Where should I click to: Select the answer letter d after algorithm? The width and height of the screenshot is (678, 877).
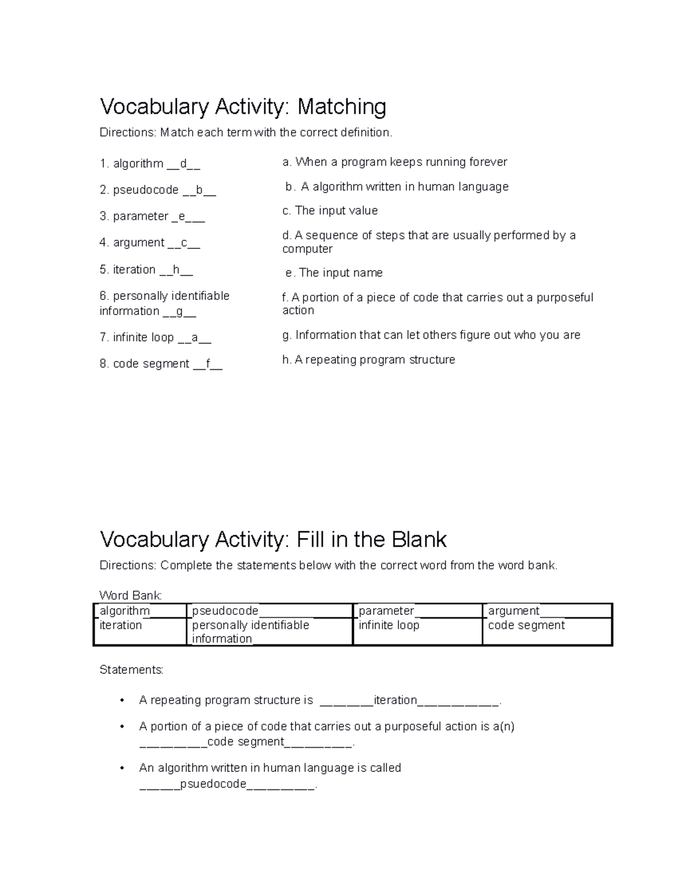(183, 164)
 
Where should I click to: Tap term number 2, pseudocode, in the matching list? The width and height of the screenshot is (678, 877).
(146, 190)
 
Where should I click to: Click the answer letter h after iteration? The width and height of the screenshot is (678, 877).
(176, 270)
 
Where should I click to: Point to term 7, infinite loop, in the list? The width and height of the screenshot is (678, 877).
(144, 338)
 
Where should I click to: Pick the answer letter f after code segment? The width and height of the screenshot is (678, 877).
(208, 364)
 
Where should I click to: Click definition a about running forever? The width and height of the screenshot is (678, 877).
(394, 162)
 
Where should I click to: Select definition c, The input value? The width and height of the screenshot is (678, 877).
(330, 211)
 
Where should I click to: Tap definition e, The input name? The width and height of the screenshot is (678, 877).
(334, 273)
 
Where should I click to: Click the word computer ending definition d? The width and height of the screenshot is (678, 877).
(307, 249)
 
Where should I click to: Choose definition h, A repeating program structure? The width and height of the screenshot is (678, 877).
(368, 360)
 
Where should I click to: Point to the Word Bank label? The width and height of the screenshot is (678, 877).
(131, 595)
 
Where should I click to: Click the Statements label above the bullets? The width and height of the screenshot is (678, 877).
(131, 670)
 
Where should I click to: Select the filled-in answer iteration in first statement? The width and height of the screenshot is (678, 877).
(395, 700)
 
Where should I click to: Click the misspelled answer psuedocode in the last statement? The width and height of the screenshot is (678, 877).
(213, 784)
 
